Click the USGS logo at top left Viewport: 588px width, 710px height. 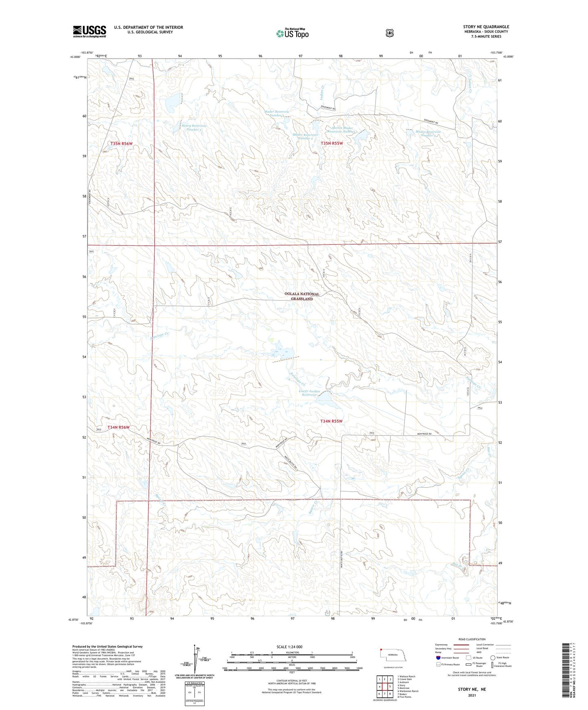(90, 31)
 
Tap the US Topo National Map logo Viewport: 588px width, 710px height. (292, 33)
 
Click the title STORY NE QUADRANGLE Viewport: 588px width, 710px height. (486, 27)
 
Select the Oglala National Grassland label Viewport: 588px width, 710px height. (302, 296)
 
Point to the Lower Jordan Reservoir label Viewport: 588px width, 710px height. (309, 393)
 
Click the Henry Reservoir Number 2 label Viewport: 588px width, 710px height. (194, 128)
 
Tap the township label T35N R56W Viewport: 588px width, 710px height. (121, 144)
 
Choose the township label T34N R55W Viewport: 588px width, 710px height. (331, 421)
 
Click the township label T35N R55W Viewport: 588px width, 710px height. (332, 143)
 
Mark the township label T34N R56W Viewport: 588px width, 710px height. (118, 427)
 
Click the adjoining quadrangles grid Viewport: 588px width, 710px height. (385, 687)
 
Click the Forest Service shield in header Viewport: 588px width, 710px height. (389, 33)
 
